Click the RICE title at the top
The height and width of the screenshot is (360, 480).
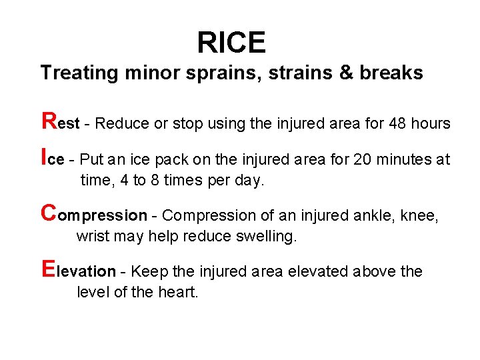click(x=231, y=43)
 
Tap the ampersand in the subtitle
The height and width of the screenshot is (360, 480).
click(x=345, y=73)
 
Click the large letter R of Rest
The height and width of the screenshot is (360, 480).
click(x=49, y=121)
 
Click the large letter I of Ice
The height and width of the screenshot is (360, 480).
click(x=44, y=157)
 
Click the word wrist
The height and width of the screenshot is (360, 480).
click(x=91, y=236)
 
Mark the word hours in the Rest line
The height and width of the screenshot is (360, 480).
click(x=431, y=124)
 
